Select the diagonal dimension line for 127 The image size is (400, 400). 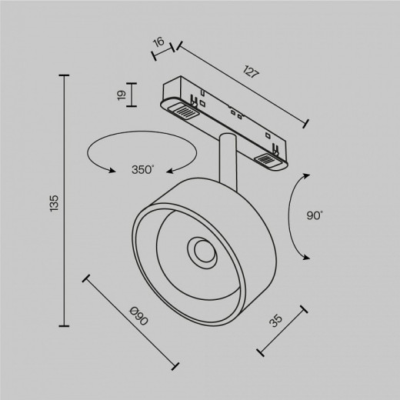click(242, 85)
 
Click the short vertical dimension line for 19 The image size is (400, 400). click(133, 95)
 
